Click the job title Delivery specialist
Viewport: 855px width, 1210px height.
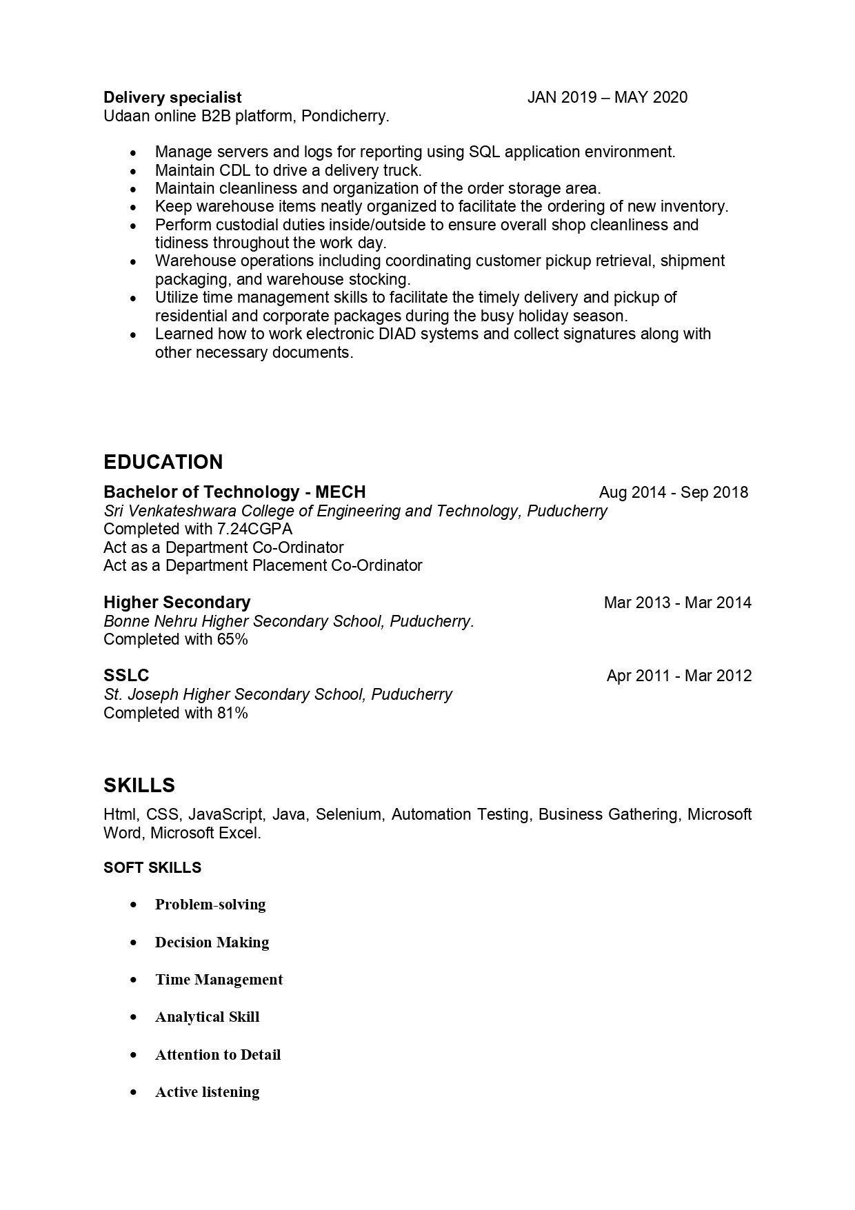[x=172, y=97]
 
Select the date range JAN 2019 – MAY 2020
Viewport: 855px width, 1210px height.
[x=607, y=97]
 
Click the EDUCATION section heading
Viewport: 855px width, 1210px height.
[x=163, y=462]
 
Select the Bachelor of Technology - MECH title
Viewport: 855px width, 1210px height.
[x=234, y=492]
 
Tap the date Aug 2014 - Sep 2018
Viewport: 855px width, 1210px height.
[x=673, y=492]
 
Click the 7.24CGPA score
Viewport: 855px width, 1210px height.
[x=254, y=529]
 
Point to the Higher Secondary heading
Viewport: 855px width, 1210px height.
[x=177, y=603]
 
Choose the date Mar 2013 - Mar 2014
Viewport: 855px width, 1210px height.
[x=677, y=603]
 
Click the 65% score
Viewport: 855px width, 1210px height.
[x=232, y=639]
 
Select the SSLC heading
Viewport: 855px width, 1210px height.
[x=126, y=676]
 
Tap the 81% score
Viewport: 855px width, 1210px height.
[x=232, y=713]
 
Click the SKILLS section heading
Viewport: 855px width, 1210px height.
[x=139, y=785]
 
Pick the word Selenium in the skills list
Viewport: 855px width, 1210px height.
[x=348, y=814]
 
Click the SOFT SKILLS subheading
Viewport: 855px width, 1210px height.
[x=152, y=867]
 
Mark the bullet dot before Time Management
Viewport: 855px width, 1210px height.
[x=134, y=980]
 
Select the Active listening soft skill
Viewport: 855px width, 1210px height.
[x=207, y=1092]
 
